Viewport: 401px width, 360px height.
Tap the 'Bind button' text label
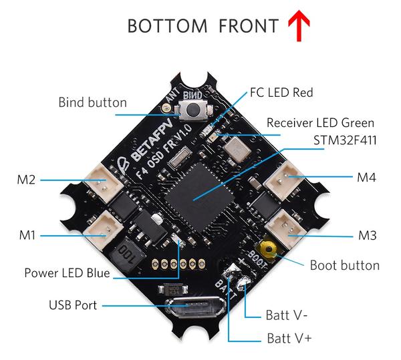click(92, 103)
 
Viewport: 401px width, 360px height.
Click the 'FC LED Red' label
click(281, 93)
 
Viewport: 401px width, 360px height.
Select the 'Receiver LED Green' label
click(320, 123)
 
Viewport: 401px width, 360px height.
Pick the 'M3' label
click(367, 235)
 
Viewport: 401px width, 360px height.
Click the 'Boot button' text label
click(345, 265)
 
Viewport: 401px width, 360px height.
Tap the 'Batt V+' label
click(289, 338)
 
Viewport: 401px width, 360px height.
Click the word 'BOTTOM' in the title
click(168, 26)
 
